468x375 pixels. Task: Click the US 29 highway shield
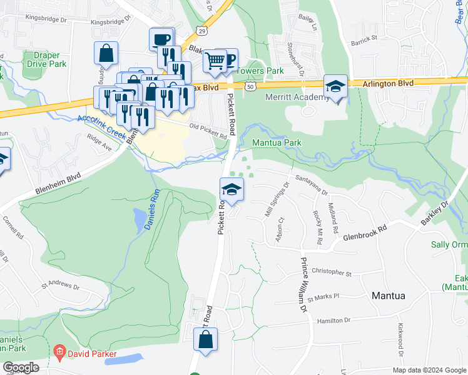pos(200,30)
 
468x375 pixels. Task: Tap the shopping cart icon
pos(215,61)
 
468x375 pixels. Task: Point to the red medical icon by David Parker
pos(59,354)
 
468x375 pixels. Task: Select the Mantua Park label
pos(277,142)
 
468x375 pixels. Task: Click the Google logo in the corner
pos(21,368)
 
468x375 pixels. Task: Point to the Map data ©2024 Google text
pos(429,370)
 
